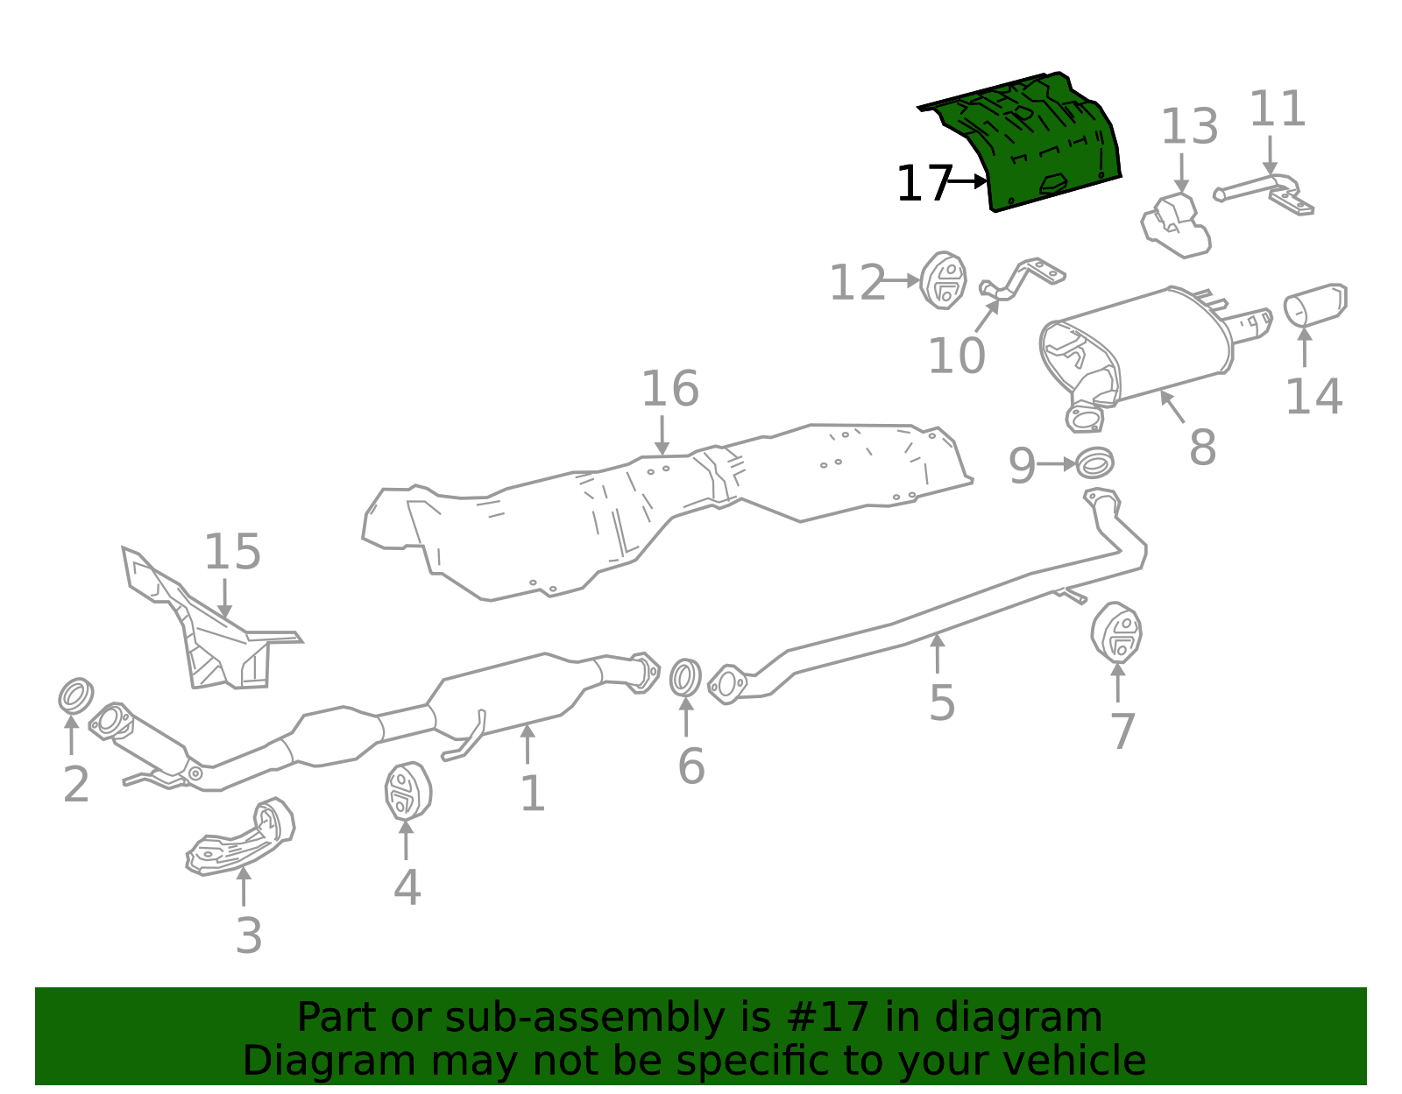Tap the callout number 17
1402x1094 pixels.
point(923,185)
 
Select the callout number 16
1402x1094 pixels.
point(669,389)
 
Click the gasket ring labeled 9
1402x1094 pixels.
point(1094,462)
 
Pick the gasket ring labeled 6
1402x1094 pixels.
point(685,678)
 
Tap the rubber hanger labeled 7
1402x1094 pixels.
point(1116,632)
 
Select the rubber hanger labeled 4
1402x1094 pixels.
point(407,792)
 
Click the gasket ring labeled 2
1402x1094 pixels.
point(76,695)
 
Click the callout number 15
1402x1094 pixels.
point(232,552)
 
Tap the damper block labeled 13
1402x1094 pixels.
point(1176,226)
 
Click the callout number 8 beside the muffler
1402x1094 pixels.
point(1202,448)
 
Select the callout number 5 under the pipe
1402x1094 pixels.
point(941,702)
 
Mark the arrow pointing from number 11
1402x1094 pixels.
point(1270,155)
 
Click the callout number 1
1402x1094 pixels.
point(532,794)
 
